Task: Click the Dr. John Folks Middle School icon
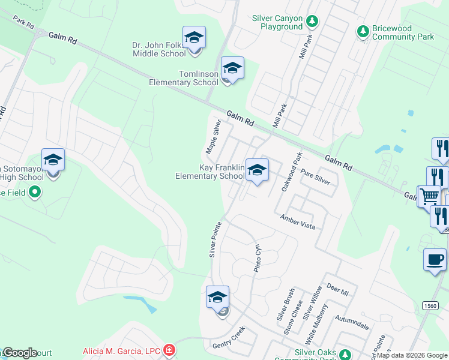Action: [194, 38]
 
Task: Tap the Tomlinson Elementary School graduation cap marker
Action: [232, 69]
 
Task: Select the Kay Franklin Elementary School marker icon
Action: [257, 170]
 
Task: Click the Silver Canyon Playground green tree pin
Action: [312, 22]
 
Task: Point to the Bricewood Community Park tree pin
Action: [363, 31]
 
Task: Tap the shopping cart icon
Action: [429, 196]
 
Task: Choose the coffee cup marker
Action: [435, 260]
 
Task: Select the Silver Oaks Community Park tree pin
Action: [344, 355]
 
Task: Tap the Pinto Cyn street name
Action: [258, 257]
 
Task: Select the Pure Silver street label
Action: [315, 175]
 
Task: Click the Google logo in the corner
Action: [20, 353]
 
